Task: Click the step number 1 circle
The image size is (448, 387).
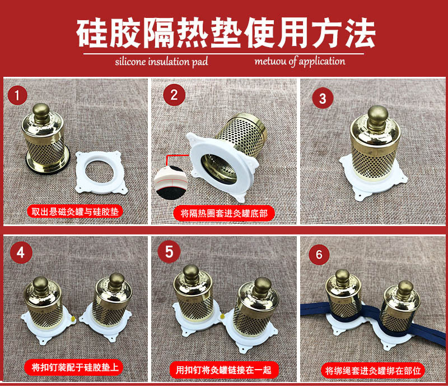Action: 17,95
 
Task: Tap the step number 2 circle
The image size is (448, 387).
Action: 174,95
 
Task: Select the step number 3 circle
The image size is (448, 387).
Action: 323,99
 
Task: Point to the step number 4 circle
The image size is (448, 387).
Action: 21,253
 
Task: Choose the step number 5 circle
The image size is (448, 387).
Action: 169,252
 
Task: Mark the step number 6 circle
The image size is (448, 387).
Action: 319,254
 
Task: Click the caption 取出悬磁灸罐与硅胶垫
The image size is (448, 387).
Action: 75,212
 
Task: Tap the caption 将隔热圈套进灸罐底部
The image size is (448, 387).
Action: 223,213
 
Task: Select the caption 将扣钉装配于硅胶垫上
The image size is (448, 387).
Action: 74,367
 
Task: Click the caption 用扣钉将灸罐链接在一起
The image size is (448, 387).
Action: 223,370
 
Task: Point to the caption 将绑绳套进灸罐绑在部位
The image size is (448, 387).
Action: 373,371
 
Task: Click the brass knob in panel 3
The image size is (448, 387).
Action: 377,117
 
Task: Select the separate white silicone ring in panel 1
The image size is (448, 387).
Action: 101,173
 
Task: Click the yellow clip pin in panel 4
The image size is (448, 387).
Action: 73,319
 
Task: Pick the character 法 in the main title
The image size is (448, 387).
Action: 360,33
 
